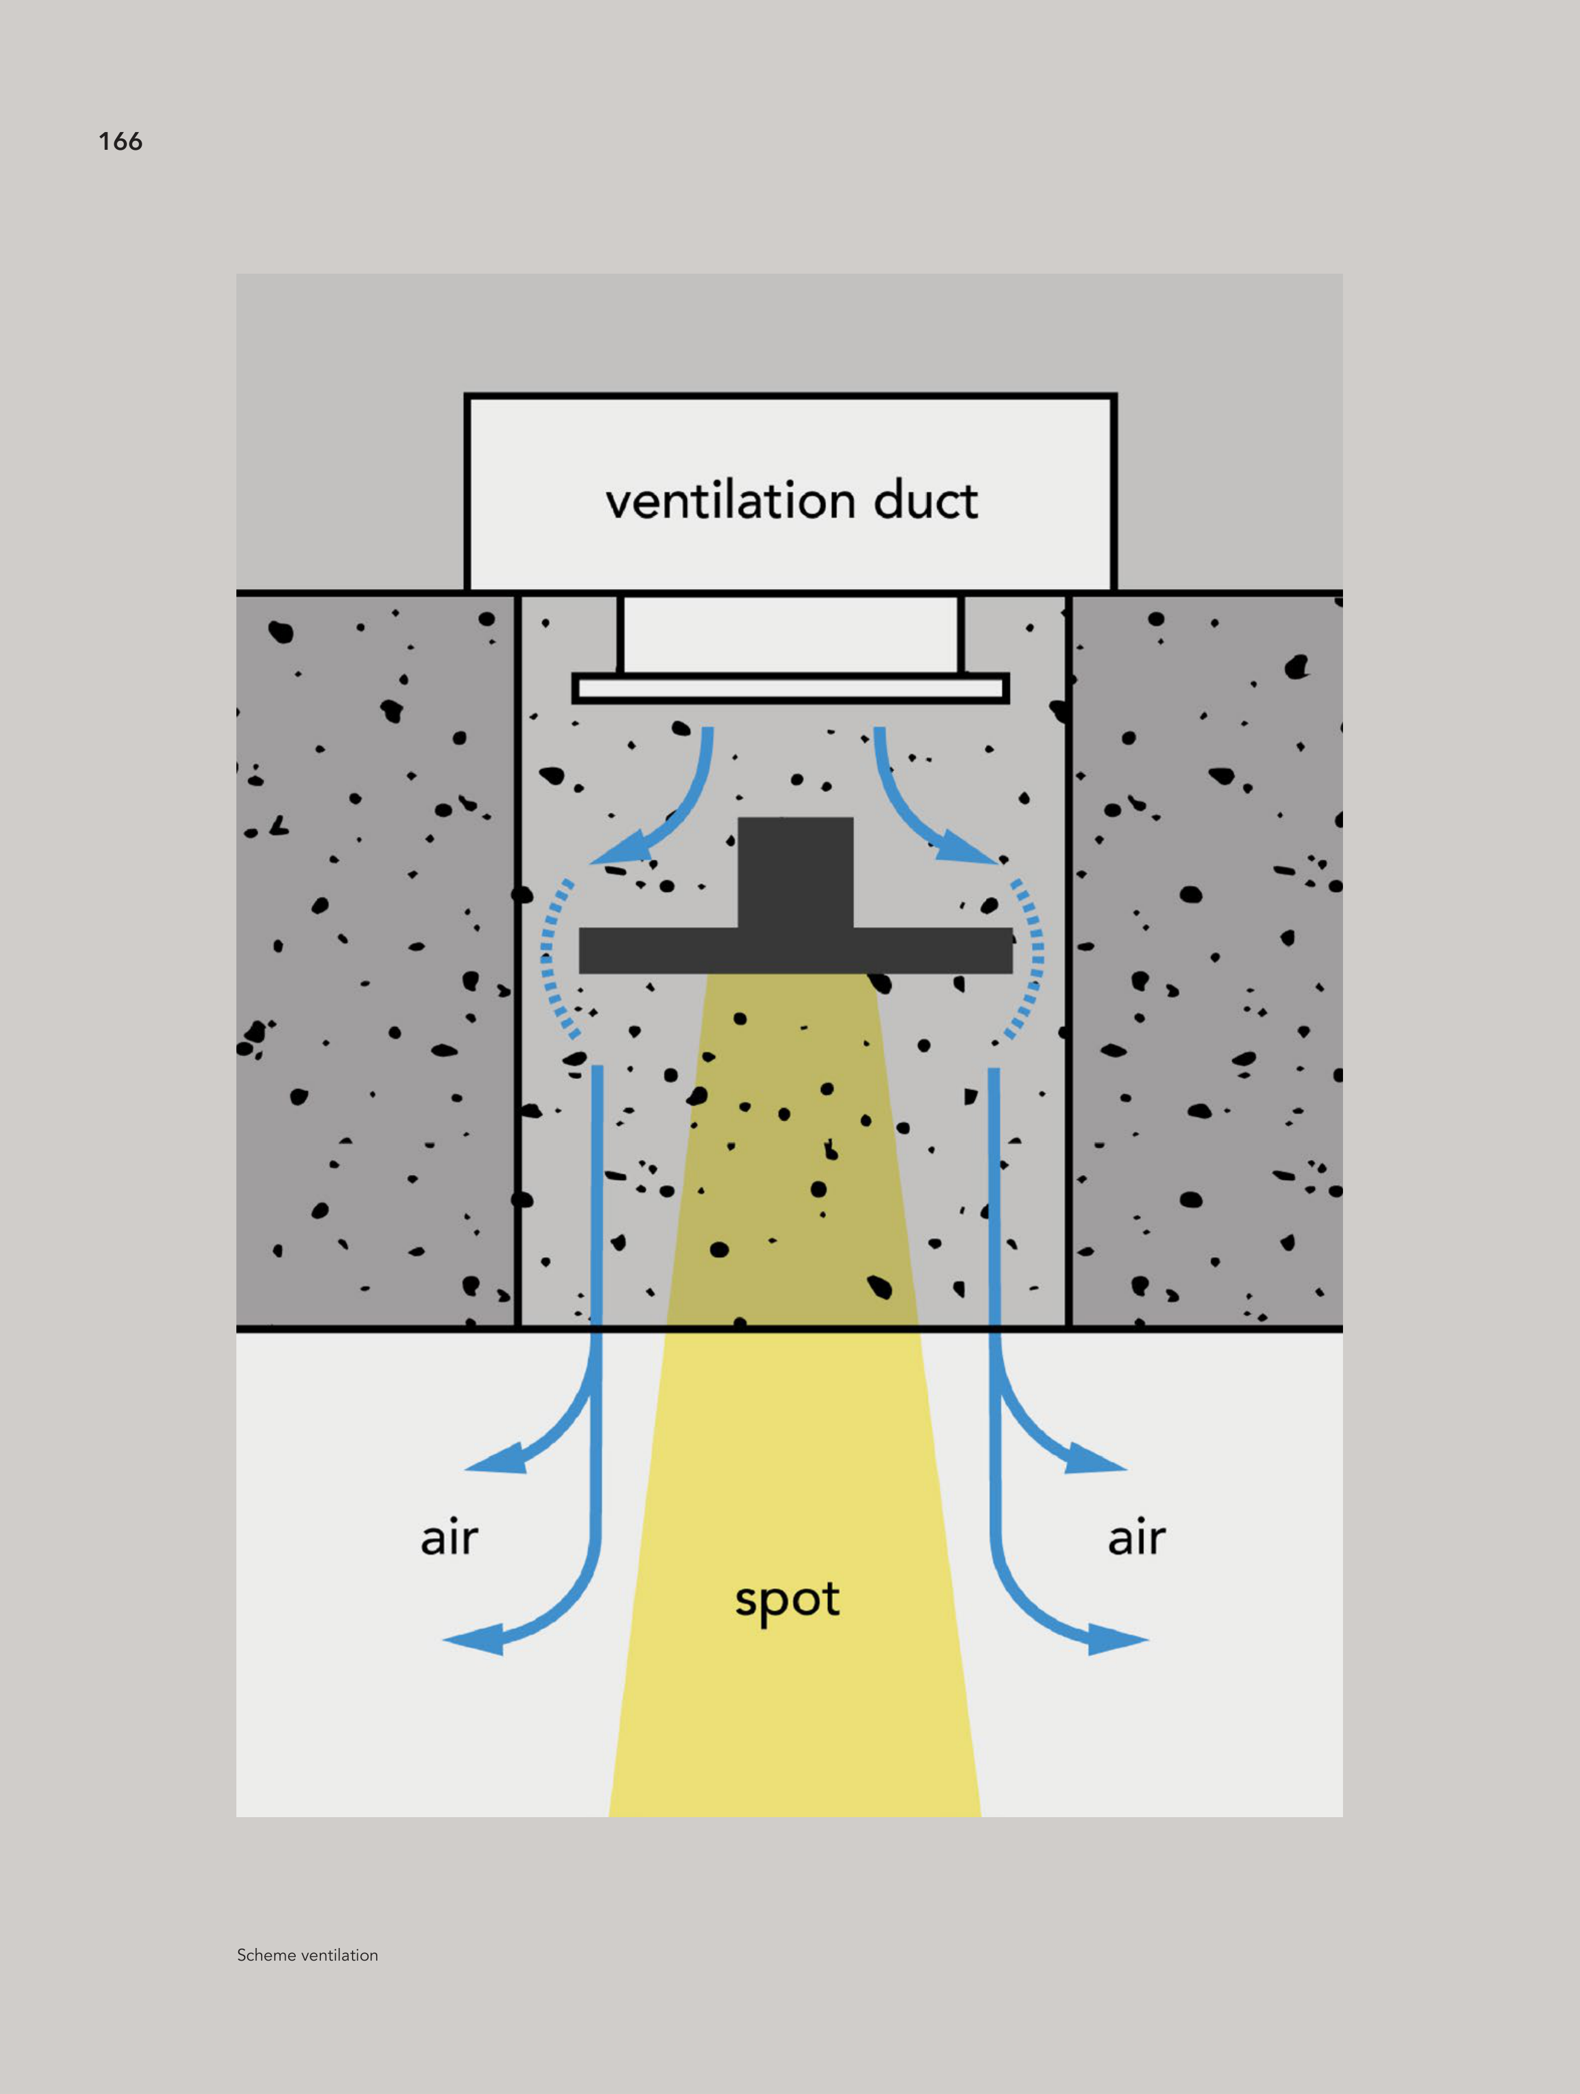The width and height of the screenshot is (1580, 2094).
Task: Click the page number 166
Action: coord(120,142)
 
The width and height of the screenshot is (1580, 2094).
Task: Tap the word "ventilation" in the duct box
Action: coord(731,501)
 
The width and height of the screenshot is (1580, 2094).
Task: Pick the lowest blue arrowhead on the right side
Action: coord(1117,1639)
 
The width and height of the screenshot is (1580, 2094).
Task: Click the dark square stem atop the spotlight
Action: coord(795,871)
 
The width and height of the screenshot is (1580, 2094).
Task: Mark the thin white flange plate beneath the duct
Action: coord(791,688)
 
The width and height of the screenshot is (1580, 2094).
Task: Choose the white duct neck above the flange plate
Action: coord(791,632)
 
